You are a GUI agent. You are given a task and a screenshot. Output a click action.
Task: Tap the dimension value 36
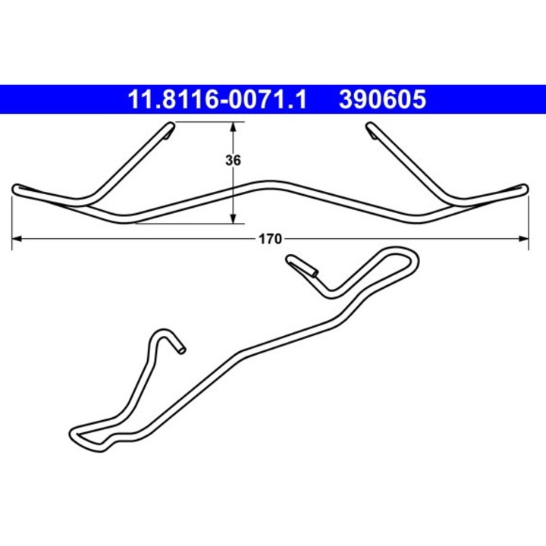coord(233,161)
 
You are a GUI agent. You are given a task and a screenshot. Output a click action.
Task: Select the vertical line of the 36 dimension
coord(233,190)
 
